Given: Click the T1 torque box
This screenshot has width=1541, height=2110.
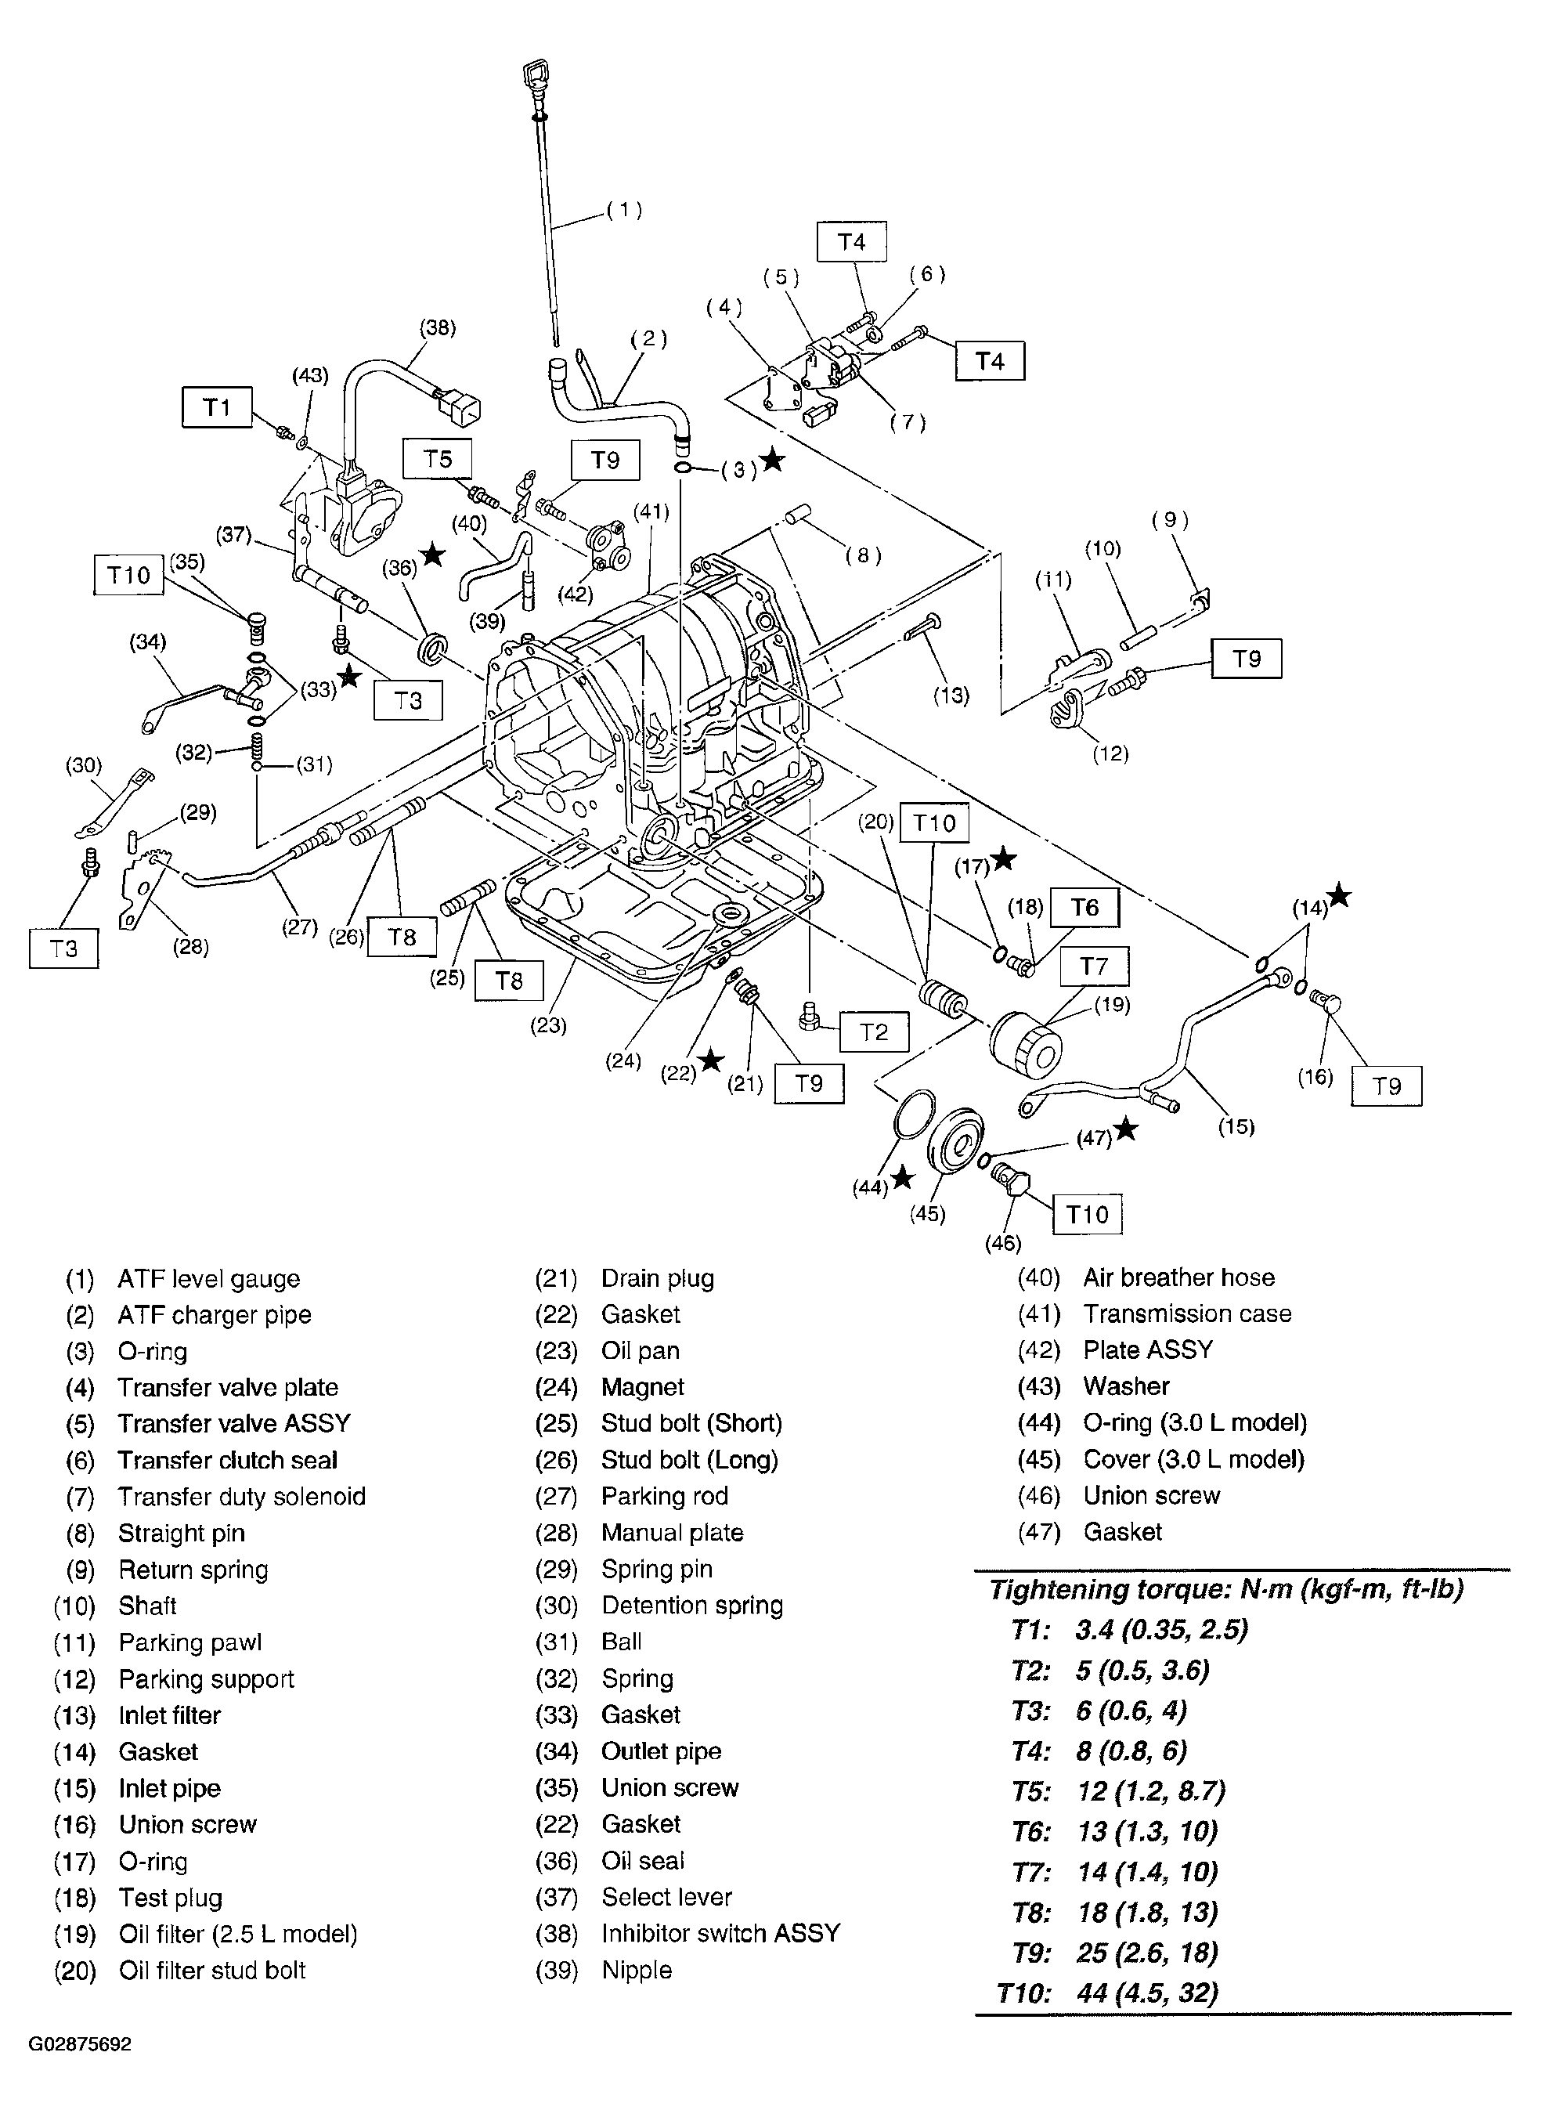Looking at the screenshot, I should pos(216,407).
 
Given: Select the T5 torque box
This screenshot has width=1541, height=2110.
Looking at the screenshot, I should pos(438,459).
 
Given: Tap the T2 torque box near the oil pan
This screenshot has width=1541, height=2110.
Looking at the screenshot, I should pos(873,1032).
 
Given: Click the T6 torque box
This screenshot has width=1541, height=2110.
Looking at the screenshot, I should pos(1084,908).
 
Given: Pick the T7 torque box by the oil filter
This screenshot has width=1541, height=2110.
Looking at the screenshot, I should pos(1093,966).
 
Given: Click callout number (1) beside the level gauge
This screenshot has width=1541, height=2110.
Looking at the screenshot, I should pos(624,210).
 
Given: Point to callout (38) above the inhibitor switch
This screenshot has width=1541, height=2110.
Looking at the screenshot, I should pos(438,327).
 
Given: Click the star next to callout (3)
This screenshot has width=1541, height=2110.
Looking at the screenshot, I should pos(771,460).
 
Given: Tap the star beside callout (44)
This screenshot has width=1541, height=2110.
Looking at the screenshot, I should pos(901,1178).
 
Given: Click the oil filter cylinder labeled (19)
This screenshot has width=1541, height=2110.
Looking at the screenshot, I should pos(1023,1046).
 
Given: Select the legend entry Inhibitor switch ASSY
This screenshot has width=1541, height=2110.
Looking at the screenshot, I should pos(720,1933).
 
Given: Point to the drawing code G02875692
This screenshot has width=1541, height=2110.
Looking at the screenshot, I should pos(79,2045).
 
